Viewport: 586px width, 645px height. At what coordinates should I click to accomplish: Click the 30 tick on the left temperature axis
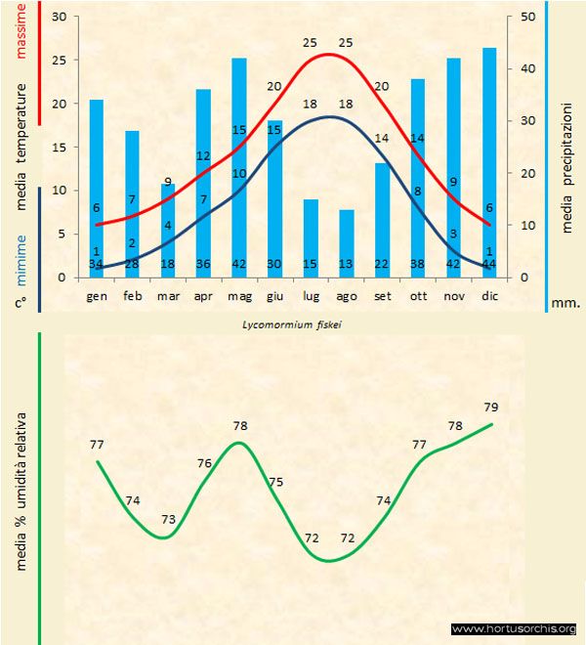[58, 18]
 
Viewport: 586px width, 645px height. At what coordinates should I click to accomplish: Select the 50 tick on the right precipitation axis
[528, 18]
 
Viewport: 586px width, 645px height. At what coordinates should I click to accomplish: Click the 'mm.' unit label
[566, 302]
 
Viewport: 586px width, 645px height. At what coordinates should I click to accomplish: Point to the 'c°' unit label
[20, 303]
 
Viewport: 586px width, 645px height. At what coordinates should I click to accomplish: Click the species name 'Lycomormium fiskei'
[293, 321]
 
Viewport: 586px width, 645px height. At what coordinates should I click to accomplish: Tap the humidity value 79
[491, 407]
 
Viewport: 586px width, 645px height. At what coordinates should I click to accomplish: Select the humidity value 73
[168, 519]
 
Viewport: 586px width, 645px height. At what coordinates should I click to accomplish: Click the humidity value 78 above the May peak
[240, 426]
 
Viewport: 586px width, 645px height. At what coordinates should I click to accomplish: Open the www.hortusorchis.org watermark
[515, 628]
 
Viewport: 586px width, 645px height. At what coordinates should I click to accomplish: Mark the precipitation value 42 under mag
[238, 264]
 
